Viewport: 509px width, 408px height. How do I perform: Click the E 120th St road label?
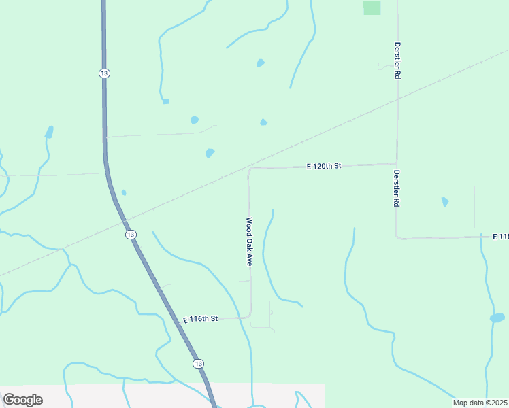[323, 166]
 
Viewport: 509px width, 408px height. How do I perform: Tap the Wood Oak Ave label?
[250, 242]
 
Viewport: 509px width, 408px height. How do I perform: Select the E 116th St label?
[201, 318]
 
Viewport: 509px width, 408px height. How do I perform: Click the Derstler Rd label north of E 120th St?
[397, 61]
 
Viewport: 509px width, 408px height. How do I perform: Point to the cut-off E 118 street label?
[500, 236]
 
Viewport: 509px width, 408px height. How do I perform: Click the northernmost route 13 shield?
[103, 73]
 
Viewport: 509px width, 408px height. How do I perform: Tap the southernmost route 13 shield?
[198, 364]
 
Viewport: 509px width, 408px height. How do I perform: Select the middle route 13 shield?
[131, 234]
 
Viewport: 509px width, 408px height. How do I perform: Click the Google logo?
[22, 400]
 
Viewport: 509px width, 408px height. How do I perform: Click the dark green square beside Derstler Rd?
[372, 7]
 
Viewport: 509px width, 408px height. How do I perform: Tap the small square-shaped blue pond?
[165, 102]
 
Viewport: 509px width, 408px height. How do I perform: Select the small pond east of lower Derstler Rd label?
[445, 202]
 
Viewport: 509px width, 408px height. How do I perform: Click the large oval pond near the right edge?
[497, 318]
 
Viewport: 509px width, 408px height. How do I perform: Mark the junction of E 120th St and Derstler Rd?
[397, 163]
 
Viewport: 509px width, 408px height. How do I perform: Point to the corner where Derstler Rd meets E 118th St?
[397, 237]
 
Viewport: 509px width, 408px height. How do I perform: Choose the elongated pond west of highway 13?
[49, 131]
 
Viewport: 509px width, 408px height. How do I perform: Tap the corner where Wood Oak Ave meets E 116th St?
[250, 316]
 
